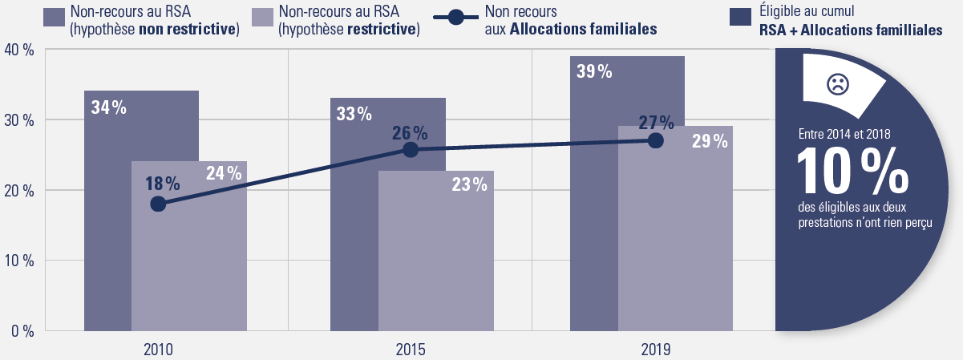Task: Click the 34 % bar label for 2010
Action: tap(109, 107)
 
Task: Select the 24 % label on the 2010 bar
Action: tap(224, 172)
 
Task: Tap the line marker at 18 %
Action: tap(158, 204)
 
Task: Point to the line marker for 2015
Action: tap(411, 149)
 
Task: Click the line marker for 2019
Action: tap(656, 140)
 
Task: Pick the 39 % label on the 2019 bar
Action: tap(594, 71)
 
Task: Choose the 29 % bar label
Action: tap(710, 141)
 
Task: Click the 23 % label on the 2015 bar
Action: tap(469, 184)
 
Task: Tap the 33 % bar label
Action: tap(354, 114)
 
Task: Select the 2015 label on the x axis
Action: tap(411, 350)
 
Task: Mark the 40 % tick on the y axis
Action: tap(18, 50)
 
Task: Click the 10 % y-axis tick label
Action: tap(18, 261)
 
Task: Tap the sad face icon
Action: tap(836, 83)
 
